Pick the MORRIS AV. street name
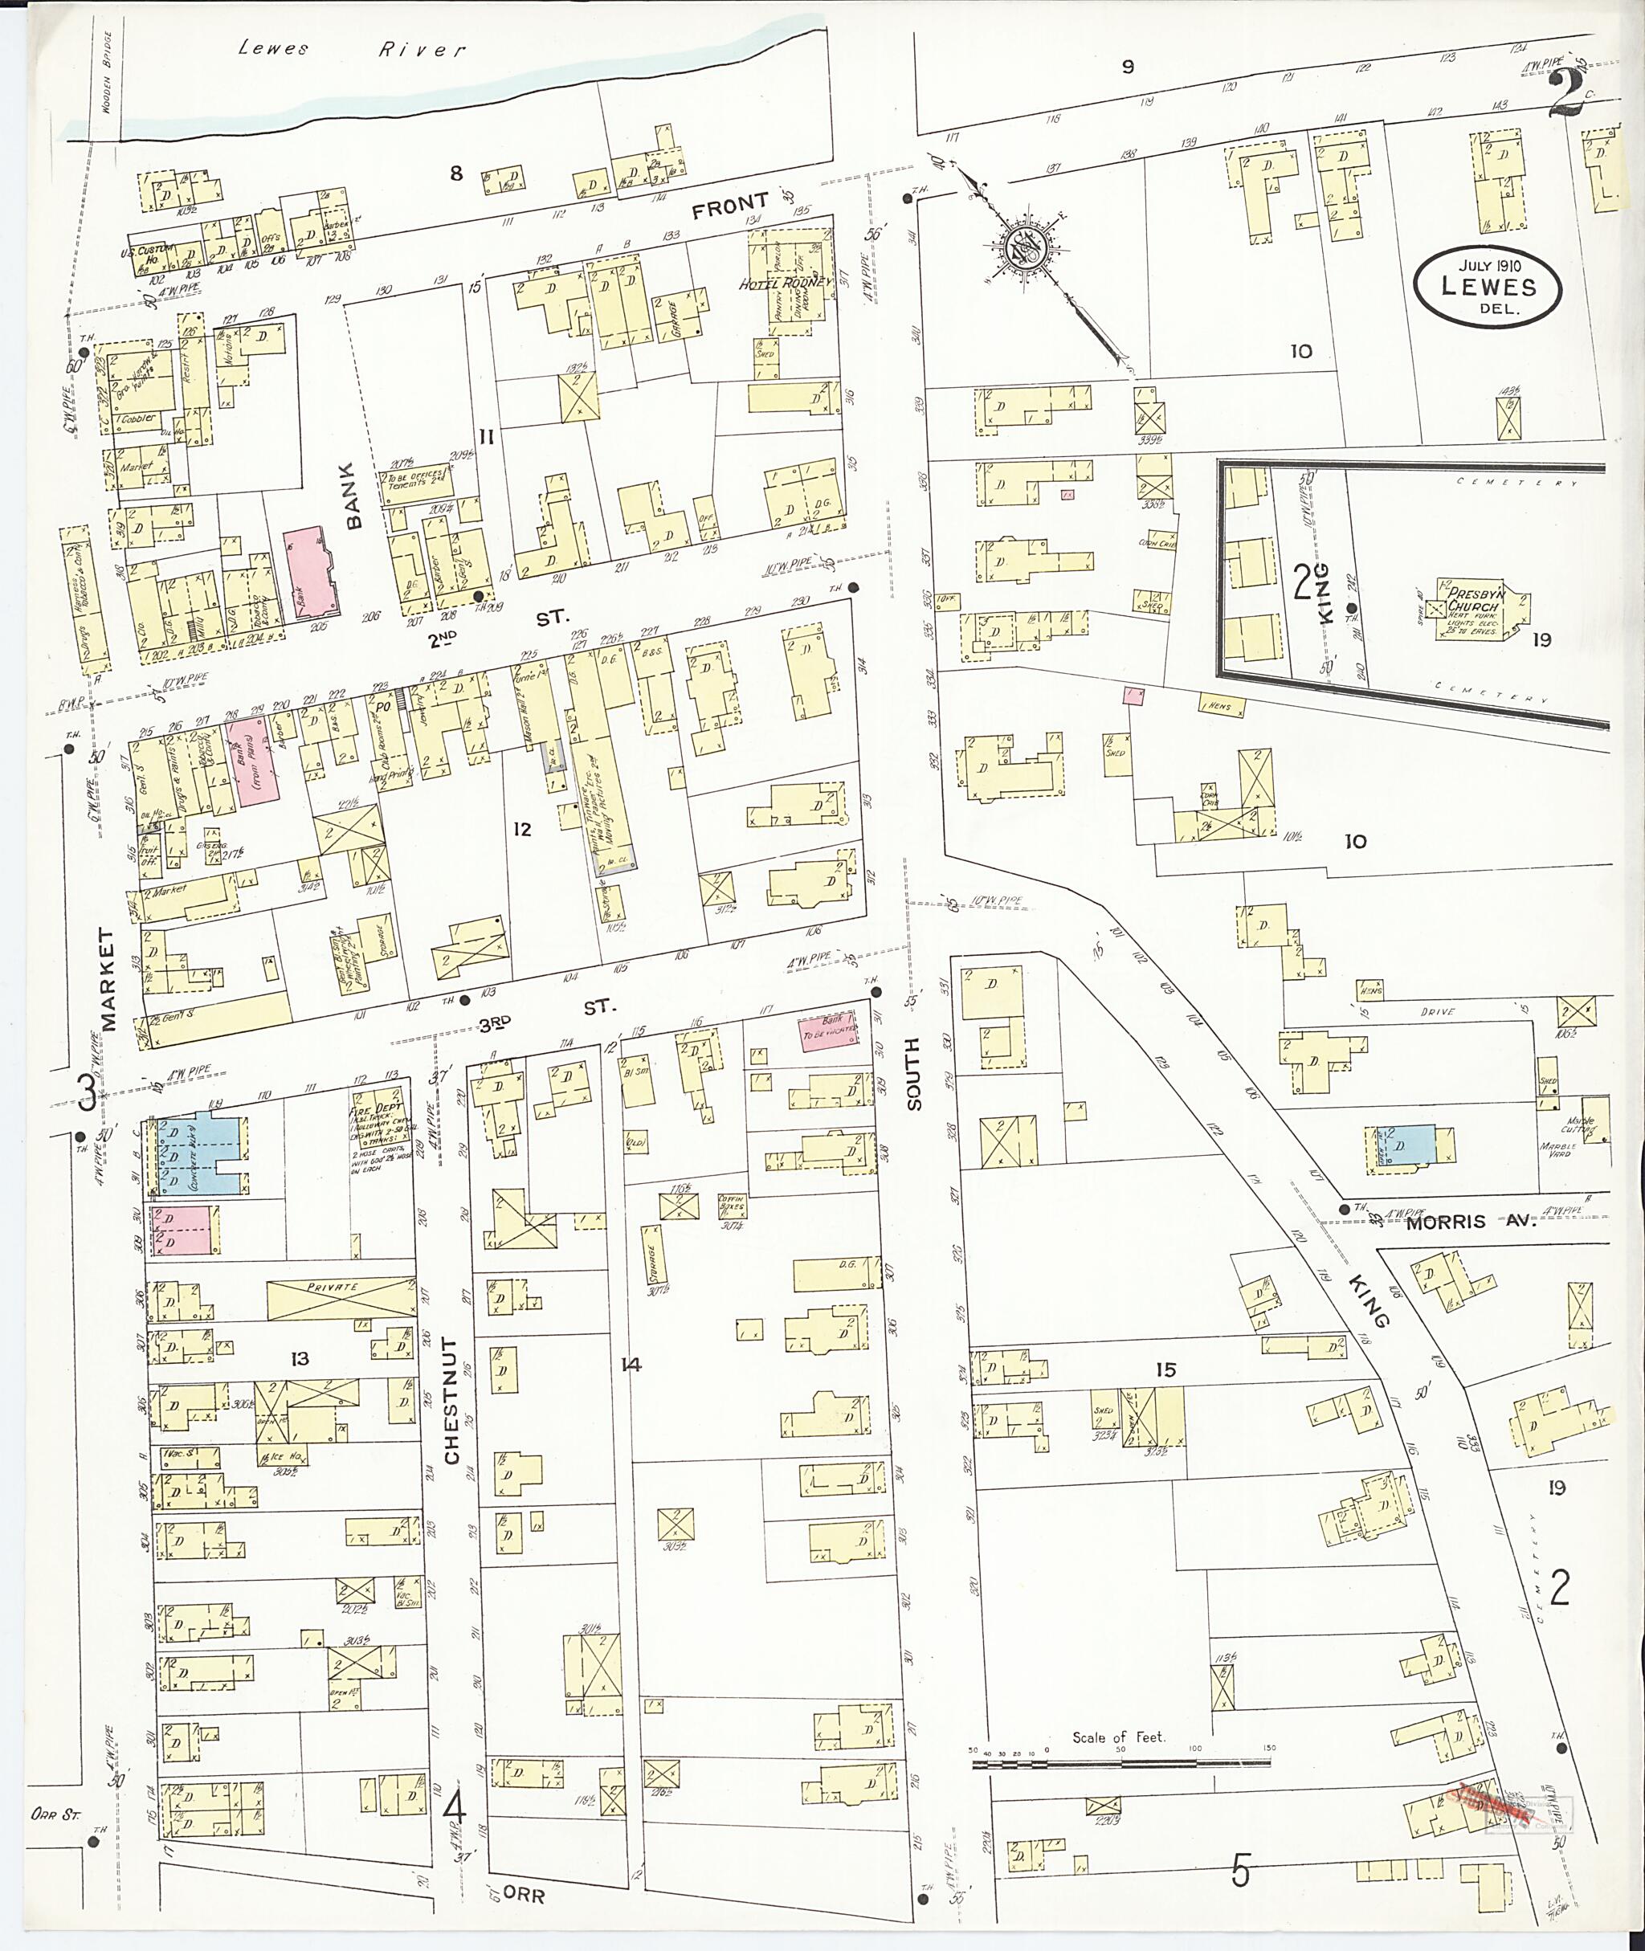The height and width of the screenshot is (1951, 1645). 1470,1222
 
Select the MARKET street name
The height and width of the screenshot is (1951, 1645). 109,978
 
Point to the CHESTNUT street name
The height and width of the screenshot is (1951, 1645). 451,1402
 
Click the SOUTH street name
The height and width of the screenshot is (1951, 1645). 912,1072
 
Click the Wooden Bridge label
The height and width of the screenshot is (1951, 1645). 108,69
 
